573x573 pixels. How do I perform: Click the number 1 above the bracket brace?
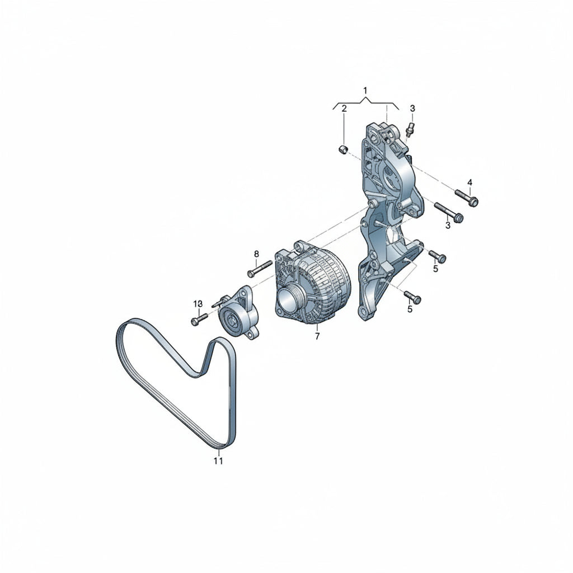tap(365, 90)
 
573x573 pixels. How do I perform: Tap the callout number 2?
tap(344, 109)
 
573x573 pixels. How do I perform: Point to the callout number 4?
tap(470, 182)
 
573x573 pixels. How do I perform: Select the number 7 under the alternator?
tap(317, 336)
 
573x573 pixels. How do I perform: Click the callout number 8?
tap(256, 253)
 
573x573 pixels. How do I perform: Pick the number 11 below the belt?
tap(218, 461)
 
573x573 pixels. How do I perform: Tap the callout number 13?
tap(198, 304)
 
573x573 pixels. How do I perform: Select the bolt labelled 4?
tap(467, 196)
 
